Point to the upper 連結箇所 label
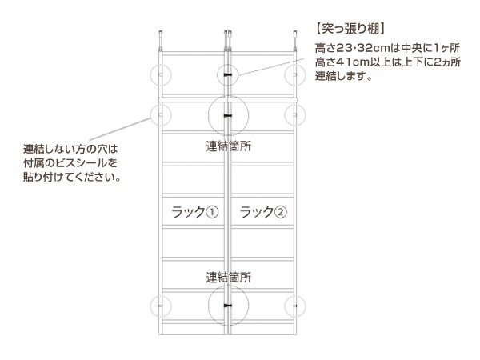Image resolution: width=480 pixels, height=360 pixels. point(228,146)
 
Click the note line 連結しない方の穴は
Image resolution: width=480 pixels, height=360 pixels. point(70,149)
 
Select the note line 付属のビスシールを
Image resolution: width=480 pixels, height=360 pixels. point(70,162)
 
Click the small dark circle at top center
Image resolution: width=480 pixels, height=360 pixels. point(228,76)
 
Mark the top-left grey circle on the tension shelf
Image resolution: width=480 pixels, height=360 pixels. point(160,76)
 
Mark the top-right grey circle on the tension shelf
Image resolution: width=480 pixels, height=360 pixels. point(296,76)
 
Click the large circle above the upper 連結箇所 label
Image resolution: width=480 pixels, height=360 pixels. point(228,116)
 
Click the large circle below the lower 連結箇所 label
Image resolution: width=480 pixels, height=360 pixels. point(228,306)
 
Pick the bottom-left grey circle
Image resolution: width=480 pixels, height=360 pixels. point(160,306)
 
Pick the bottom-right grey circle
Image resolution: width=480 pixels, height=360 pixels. point(296,306)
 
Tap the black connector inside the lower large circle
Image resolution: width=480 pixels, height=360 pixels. point(228,306)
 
